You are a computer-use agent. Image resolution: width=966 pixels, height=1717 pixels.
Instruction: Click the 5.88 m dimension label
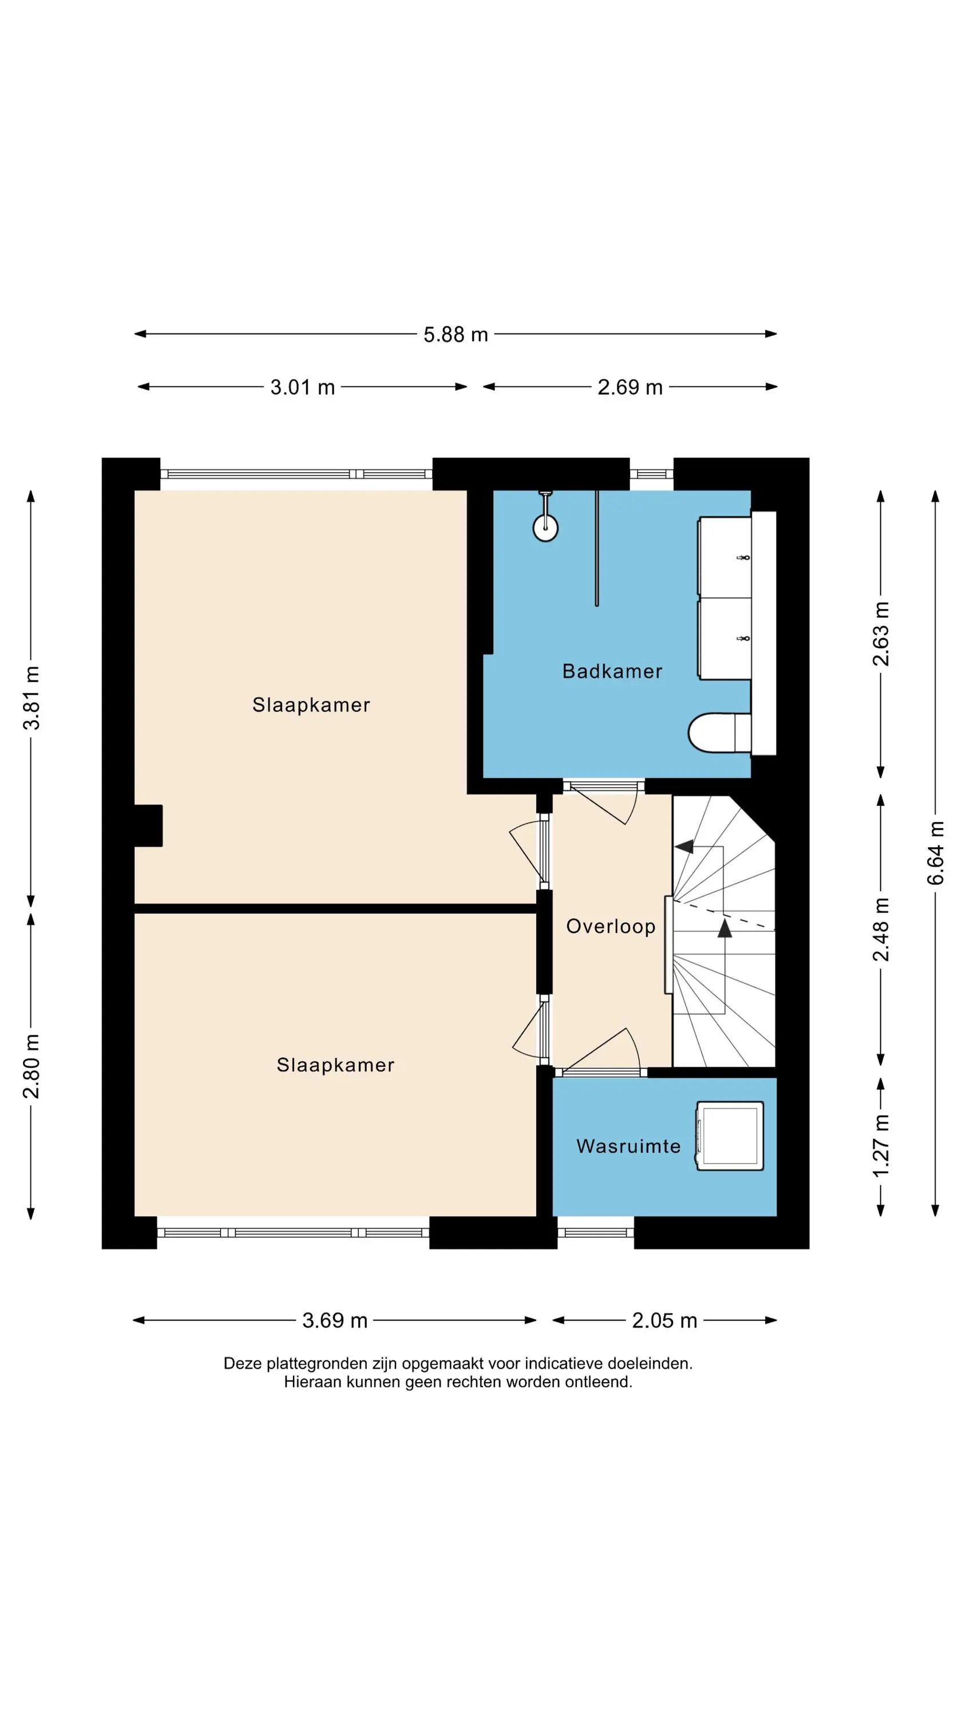(456, 335)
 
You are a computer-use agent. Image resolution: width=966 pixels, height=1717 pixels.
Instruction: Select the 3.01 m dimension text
(303, 387)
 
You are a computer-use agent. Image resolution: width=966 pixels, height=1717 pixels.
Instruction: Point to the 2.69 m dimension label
(630, 387)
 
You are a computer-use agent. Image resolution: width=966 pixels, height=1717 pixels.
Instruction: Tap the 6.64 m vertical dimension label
(935, 853)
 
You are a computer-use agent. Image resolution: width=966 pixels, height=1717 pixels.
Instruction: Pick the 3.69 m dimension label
(335, 1320)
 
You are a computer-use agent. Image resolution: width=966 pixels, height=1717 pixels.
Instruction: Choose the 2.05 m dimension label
(664, 1320)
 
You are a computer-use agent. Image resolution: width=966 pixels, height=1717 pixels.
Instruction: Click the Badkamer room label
(612, 671)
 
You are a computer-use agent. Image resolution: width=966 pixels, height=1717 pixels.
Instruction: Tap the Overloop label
(611, 927)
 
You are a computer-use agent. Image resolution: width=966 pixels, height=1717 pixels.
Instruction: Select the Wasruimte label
(628, 1146)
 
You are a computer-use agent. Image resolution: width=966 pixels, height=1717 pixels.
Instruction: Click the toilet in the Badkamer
(720, 733)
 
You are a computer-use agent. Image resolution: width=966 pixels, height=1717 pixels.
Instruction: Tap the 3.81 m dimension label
(31, 698)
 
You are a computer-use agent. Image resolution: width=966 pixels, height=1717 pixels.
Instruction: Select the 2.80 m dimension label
(31, 1066)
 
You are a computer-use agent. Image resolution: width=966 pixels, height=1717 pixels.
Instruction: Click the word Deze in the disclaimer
(243, 1364)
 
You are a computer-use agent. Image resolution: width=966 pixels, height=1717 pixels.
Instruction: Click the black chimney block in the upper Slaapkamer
(149, 826)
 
